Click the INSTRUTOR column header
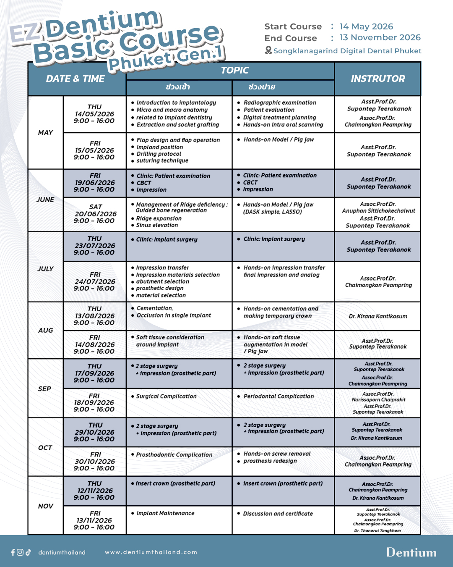377,79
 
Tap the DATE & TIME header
75,79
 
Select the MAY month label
45,132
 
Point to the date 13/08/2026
94,316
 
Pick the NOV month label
45,506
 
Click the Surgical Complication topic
166,396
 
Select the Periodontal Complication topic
279,396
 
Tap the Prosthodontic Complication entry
174,454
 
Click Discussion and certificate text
278,513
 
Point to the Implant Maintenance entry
165,513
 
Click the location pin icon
268,50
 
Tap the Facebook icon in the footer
13,552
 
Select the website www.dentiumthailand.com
151,552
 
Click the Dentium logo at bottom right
411,552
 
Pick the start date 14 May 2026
366,26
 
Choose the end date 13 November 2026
380,37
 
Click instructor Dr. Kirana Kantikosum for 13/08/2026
378,316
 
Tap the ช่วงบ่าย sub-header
262,87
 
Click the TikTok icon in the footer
28,552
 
